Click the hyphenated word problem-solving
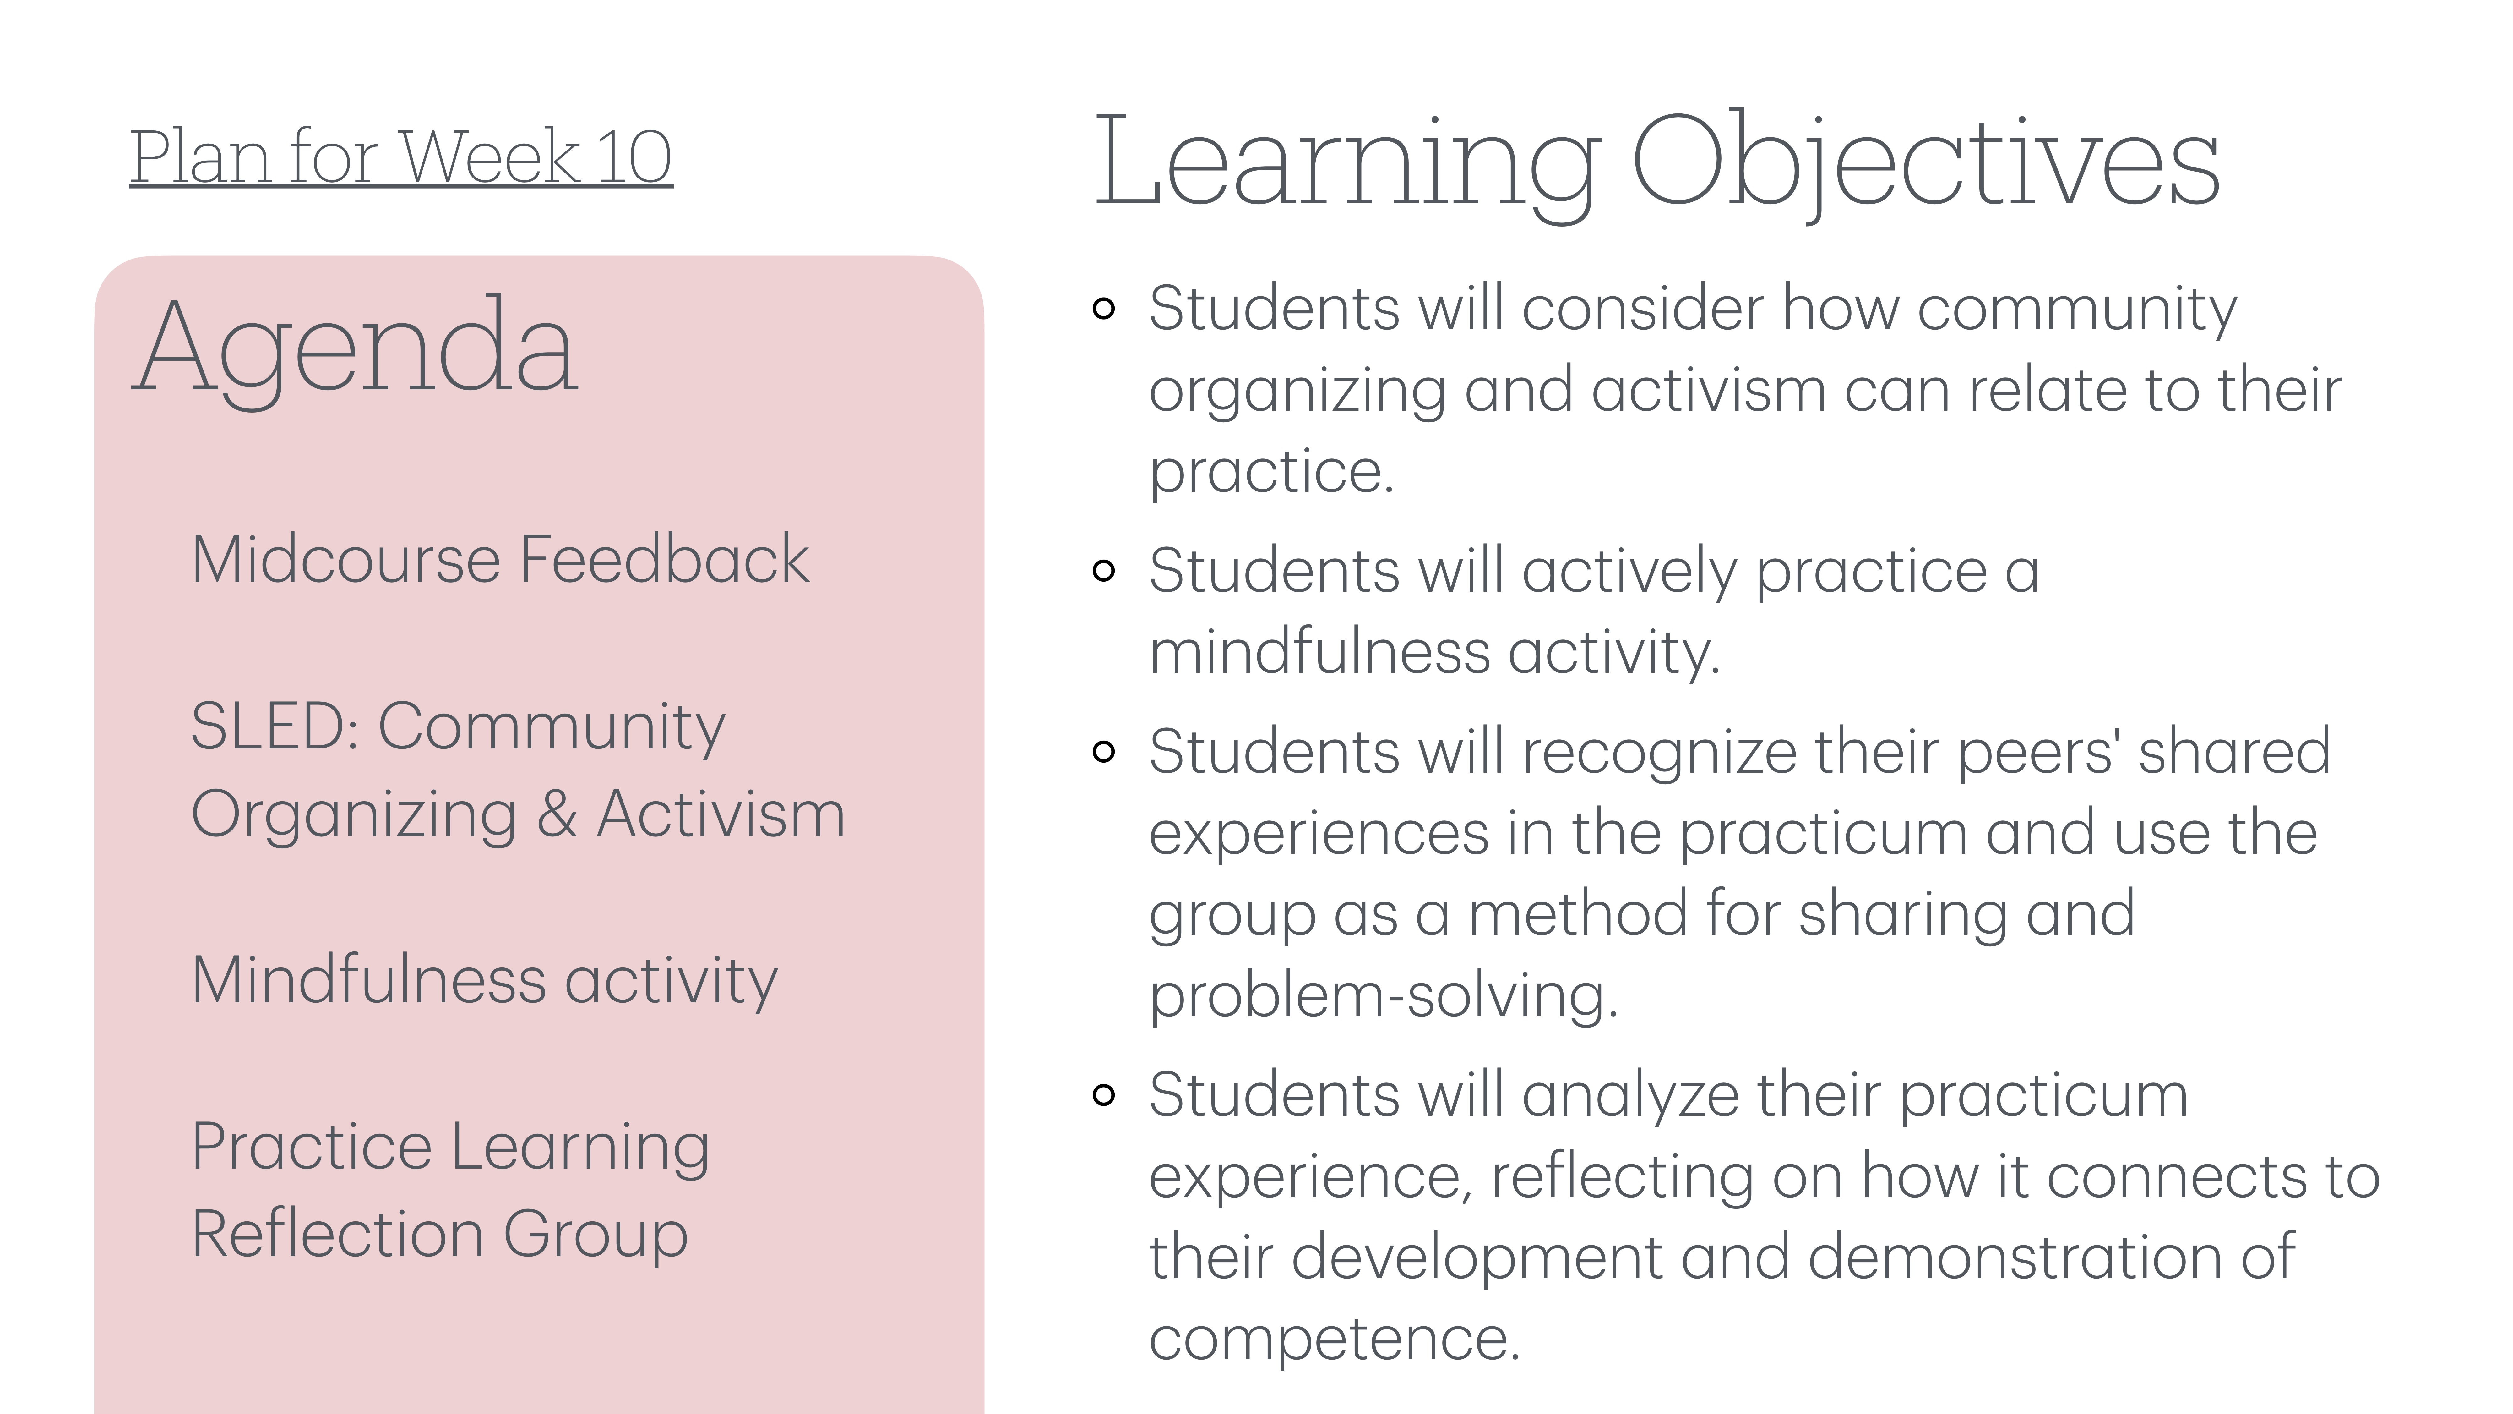(1383, 997)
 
